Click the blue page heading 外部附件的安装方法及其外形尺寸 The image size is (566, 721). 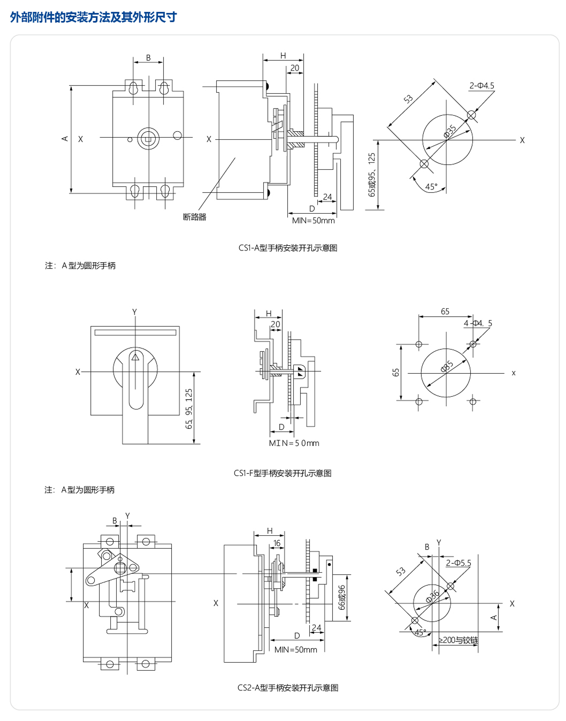(x=93, y=17)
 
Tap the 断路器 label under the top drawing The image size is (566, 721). (x=194, y=217)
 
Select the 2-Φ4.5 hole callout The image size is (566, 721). (x=481, y=86)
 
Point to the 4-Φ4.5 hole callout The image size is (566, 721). (x=478, y=323)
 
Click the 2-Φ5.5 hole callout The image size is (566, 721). (x=458, y=563)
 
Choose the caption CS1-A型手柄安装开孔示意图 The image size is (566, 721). (x=288, y=248)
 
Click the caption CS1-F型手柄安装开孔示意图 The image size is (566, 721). (x=282, y=473)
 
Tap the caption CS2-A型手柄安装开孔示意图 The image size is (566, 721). (x=288, y=687)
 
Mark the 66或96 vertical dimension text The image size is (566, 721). (x=342, y=597)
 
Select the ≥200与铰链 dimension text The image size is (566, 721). (x=458, y=640)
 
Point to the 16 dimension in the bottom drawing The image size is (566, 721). (x=277, y=543)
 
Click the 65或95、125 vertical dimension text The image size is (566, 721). (x=371, y=174)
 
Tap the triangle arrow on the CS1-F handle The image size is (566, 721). (x=135, y=357)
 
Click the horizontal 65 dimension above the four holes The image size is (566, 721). (x=445, y=311)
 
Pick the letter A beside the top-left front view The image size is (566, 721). (x=65, y=139)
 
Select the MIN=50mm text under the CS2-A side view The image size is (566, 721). (x=296, y=650)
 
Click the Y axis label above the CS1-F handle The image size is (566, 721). (x=134, y=312)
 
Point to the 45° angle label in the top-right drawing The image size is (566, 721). (x=431, y=187)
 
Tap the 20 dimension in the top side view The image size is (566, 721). (x=295, y=68)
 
